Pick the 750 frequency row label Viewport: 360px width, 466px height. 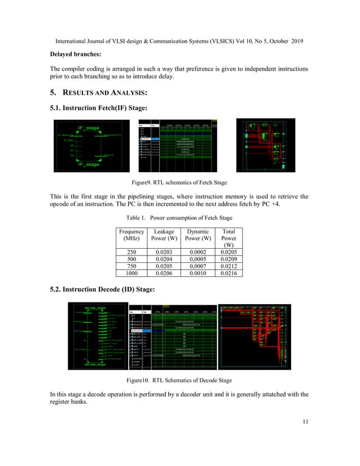click(131, 266)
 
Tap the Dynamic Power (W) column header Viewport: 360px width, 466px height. click(196, 235)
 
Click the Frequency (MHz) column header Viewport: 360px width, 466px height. click(131, 235)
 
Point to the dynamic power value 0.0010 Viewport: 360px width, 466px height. click(196, 272)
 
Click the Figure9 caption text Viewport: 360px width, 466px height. click(179, 183)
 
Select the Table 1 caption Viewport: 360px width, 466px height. click(179, 218)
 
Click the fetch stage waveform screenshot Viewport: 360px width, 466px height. click(177, 145)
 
